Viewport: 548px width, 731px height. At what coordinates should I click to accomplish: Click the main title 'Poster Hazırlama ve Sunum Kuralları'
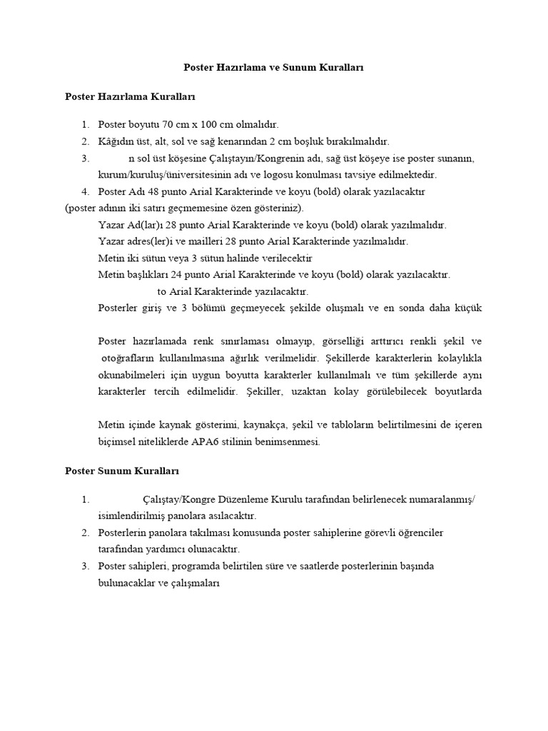pyautogui.click(x=273, y=67)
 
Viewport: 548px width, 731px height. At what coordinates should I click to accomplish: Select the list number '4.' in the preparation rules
pyautogui.click(x=85, y=191)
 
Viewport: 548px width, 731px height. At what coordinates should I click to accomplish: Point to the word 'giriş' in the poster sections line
pyautogui.click(x=161, y=308)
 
